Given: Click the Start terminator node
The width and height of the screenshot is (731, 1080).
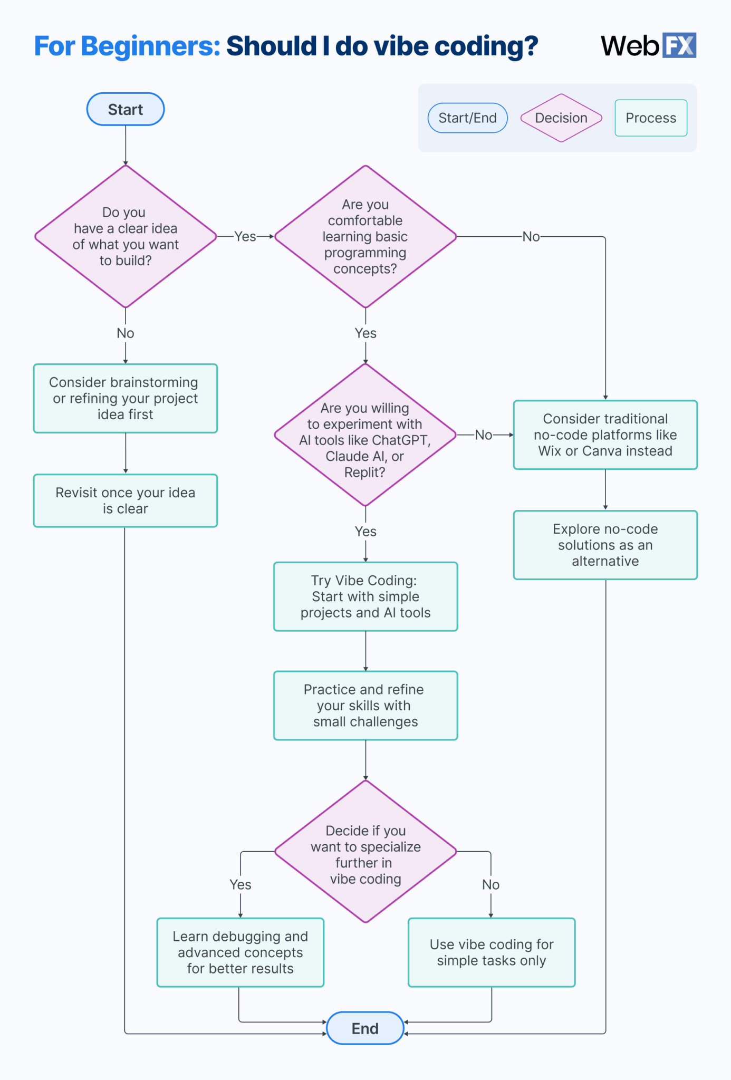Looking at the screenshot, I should click(126, 109).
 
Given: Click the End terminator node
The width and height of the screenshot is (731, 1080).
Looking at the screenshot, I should click(365, 1028).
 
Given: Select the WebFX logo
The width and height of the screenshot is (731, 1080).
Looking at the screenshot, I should click(648, 45).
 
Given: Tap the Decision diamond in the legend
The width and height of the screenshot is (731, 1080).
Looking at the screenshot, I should click(561, 118).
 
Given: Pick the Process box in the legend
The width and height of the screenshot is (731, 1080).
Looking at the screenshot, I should click(650, 118).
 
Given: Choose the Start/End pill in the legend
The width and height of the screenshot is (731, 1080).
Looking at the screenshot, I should click(467, 118).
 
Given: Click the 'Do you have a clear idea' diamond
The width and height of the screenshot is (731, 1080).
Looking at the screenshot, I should click(126, 236).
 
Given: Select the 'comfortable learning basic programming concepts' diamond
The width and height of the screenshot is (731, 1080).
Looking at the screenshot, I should click(365, 236).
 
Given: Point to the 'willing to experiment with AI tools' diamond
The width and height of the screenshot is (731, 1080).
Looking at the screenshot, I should click(365, 435).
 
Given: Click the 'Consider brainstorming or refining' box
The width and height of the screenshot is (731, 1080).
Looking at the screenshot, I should click(126, 398).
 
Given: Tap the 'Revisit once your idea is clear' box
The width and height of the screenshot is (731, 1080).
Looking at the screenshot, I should click(126, 500).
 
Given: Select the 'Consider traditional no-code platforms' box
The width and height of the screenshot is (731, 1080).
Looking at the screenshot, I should click(605, 435).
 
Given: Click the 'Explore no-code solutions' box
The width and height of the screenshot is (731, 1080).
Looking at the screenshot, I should click(605, 545).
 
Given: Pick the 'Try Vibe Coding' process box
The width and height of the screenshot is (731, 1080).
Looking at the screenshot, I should click(365, 596).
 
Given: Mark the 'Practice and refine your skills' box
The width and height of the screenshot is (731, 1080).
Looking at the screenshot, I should click(365, 706).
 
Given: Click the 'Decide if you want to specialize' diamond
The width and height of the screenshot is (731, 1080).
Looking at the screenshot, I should click(365, 852).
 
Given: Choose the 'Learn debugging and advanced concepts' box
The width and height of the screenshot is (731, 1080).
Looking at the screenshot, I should click(240, 952).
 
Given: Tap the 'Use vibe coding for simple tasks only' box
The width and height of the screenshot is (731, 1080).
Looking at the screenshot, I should click(491, 952).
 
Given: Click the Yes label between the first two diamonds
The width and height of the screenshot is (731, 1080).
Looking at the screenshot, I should click(245, 237).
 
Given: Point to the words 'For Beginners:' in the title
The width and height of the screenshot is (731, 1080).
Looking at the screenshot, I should click(127, 46).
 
